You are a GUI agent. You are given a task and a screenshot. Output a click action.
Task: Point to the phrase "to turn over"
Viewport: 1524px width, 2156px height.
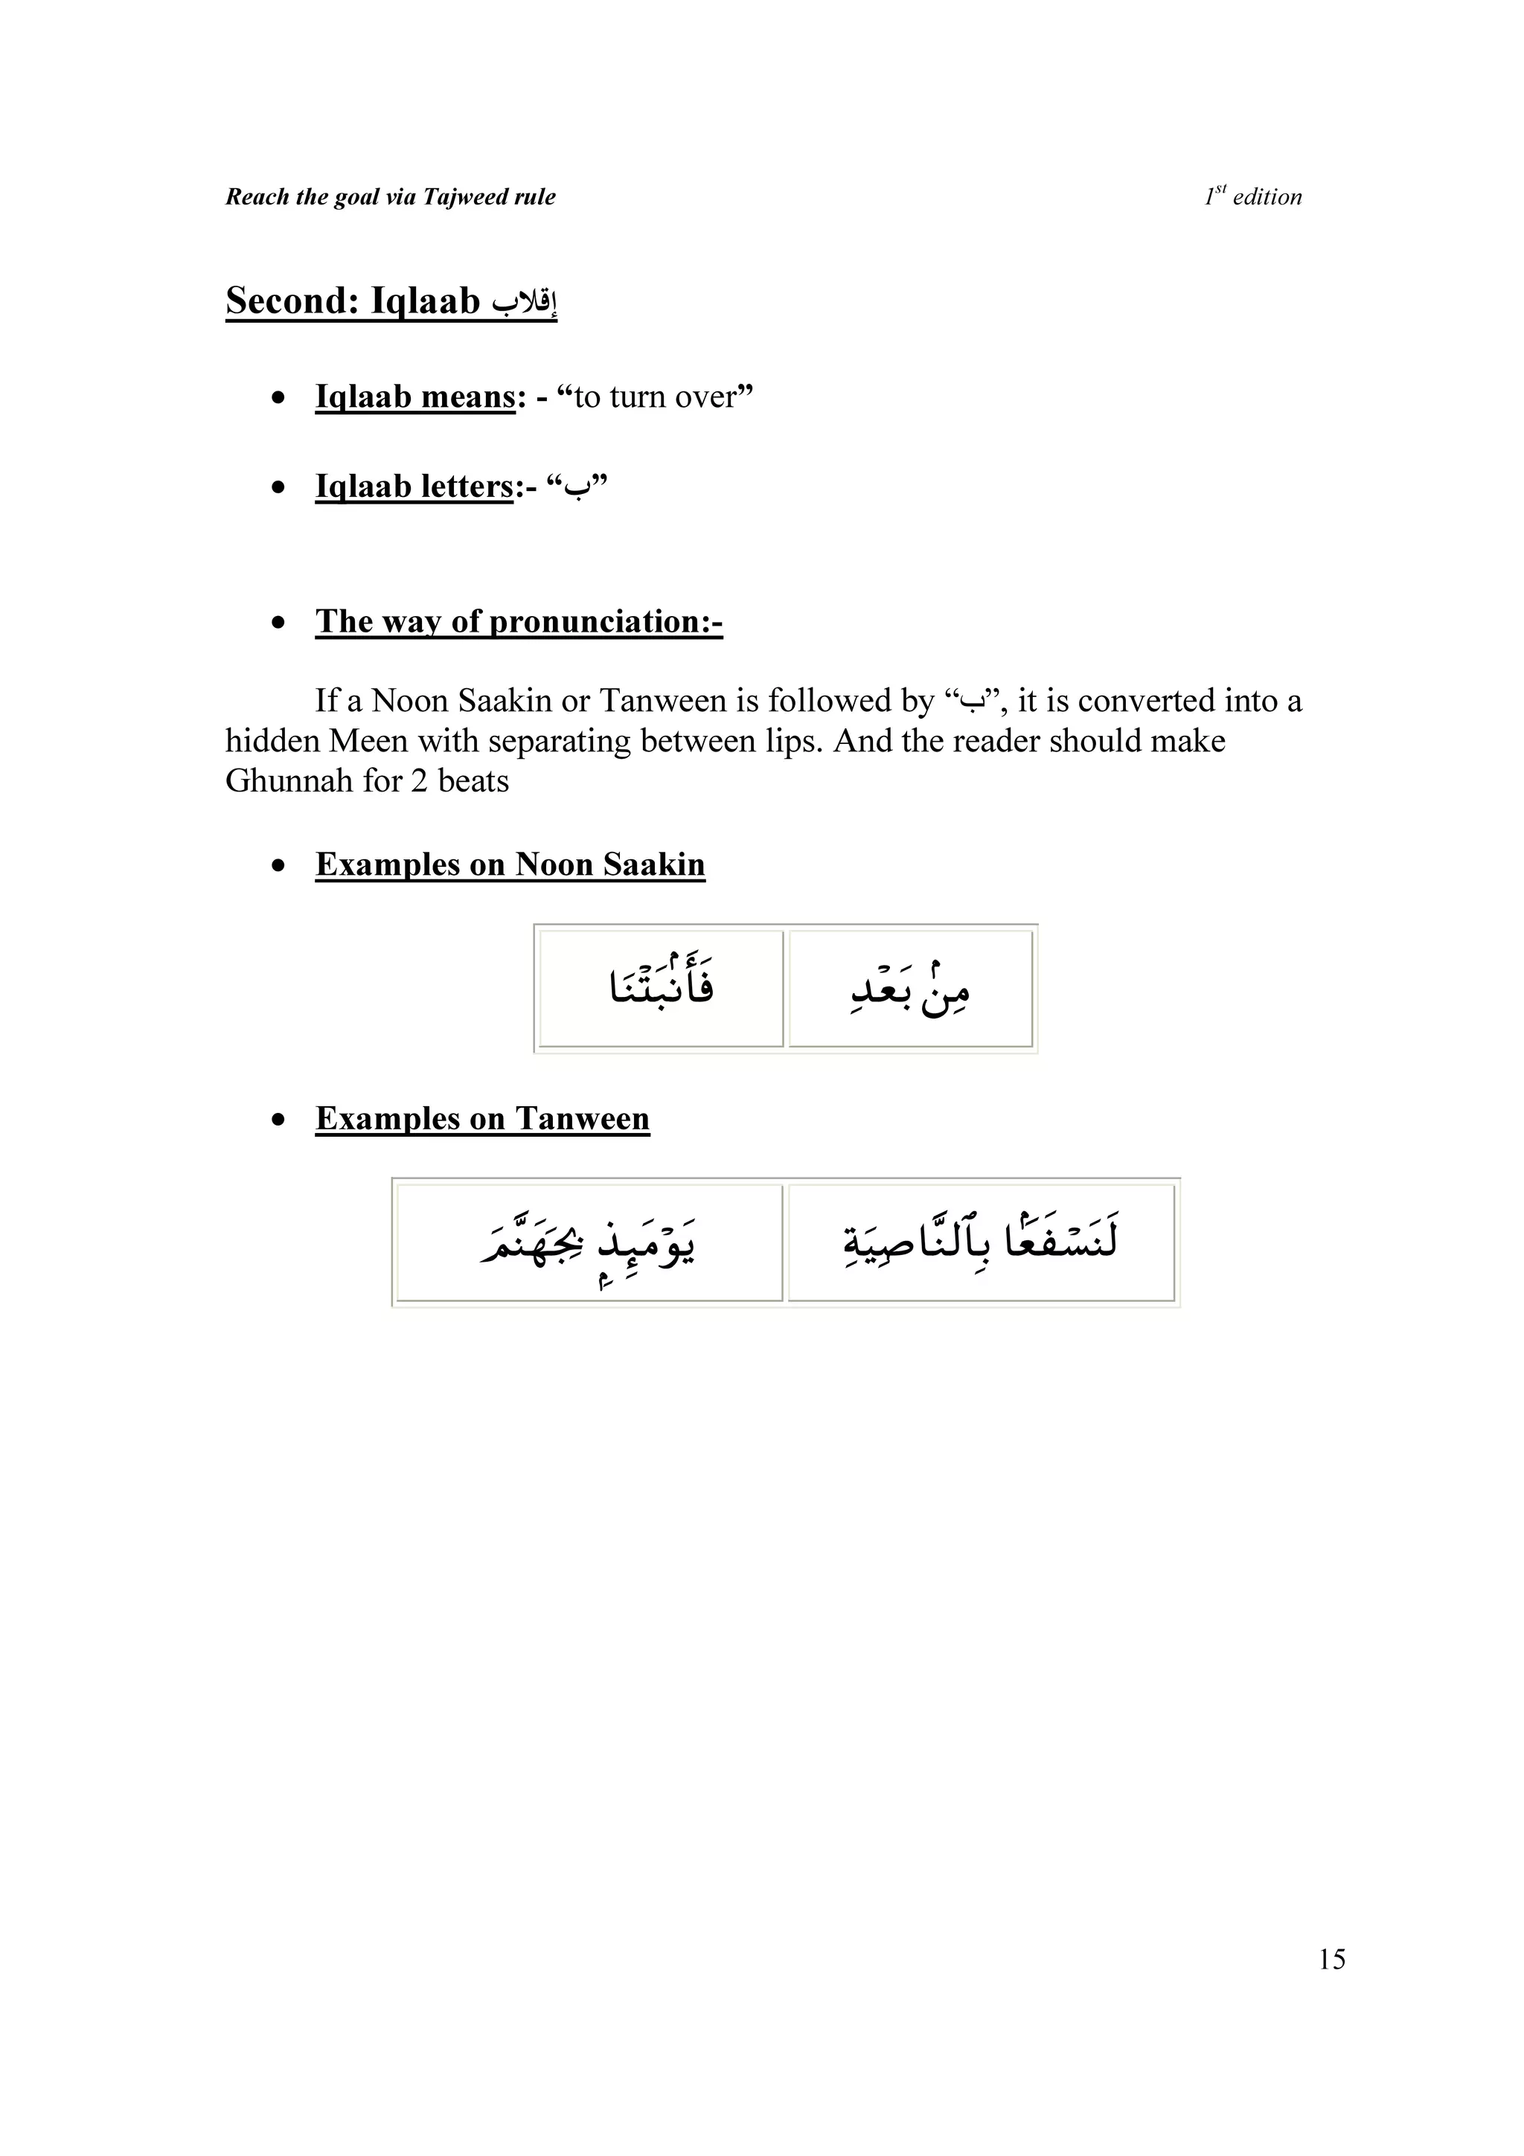pyautogui.click(x=655, y=397)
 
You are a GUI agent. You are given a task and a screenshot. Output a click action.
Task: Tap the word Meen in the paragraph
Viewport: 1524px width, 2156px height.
pyautogui.click(x=368, y=742)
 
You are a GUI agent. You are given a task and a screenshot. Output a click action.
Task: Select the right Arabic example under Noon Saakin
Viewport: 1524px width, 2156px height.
pyautogui.click(x=910, y=989)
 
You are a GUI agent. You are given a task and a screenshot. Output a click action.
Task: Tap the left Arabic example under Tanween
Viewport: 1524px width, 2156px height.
pyautogui.click(x=589, y=1243)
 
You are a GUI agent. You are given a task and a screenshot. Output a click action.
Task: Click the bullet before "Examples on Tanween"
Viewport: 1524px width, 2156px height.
pyautogui.click(x=278, y=1120)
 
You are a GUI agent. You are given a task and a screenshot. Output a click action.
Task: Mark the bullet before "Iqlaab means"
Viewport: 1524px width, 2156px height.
pyautogui.click(x=278, y=399)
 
